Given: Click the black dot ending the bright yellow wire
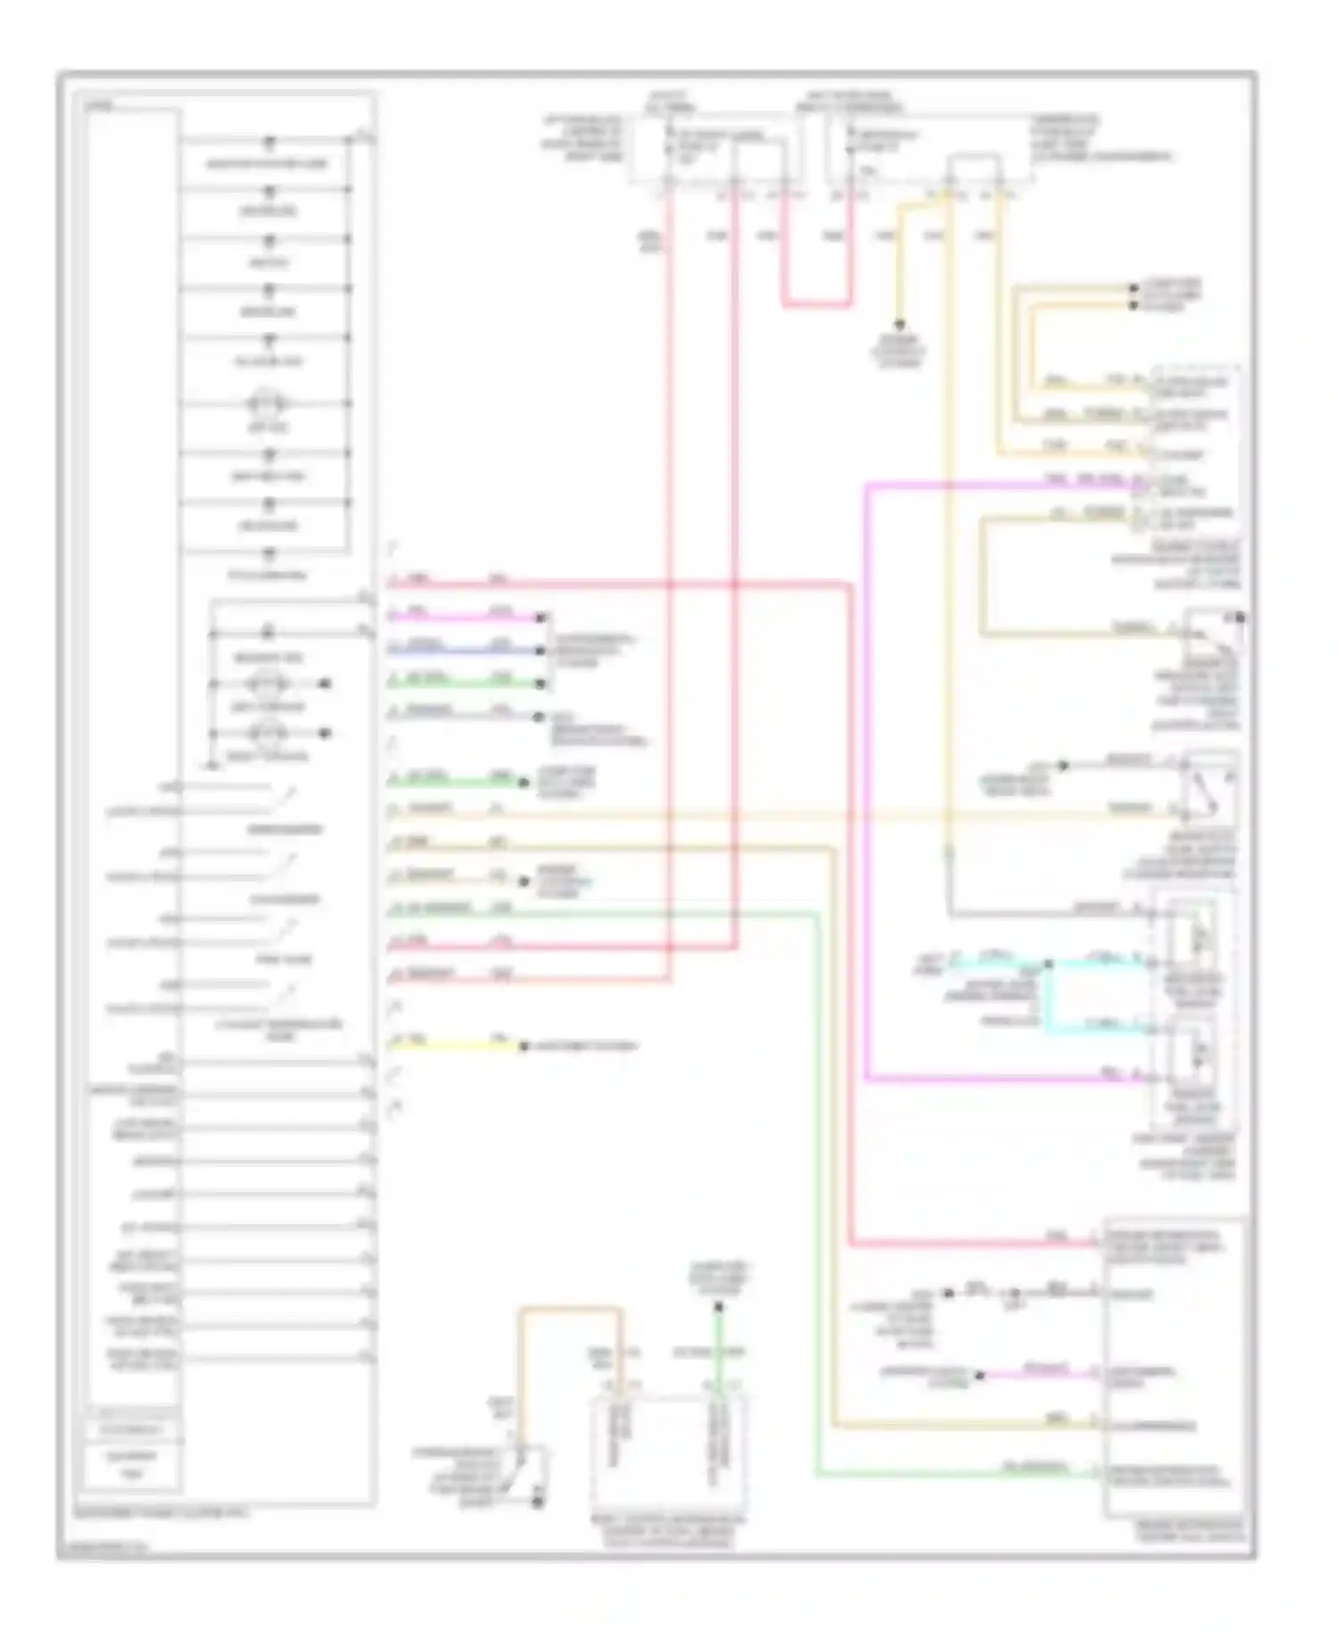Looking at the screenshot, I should (524, 1045).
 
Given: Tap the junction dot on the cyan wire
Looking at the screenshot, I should (1049, 964).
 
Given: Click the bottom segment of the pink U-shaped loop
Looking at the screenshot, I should (817, 305).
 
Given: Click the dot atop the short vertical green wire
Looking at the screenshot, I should (719, 1307).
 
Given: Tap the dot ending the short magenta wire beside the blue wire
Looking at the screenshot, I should (540, 617).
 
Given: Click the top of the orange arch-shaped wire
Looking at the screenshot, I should (571, 1309).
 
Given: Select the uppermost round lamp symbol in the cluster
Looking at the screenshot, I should (268, 403).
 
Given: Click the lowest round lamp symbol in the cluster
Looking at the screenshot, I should (268, 733).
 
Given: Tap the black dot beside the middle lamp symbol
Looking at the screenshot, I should (326, 684).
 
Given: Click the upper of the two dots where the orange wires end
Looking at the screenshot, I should (1134, 288).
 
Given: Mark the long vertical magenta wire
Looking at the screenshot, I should (866, 785).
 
